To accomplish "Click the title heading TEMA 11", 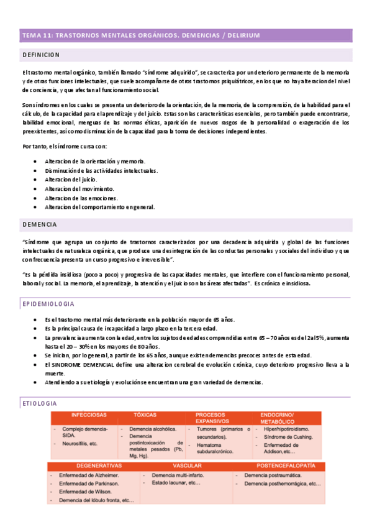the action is pyautogui.click(x=140, y=35).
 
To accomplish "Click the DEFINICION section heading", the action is pyautogui.click(x=41, y=55).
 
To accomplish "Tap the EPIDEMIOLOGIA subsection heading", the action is pyautogui.click(x=48, y=304).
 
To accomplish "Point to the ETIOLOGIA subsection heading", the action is pyautogui.click(x=40, y=403).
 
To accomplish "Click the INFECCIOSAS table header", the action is pyautogui.click(x=89, y=415).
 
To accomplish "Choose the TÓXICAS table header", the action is pyautogui.click(x=145, y=415).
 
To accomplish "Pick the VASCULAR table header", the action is pyautogui.click(x=187, y=465).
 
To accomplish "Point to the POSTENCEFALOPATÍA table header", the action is pyautogui.click(x=286, y=465).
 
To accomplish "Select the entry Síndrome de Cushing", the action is pyautogui.click(x=291, y=437).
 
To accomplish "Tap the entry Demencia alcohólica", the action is pyautogui.click(x=152, y=429).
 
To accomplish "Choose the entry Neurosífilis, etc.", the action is pyautogui.click(x=80, y=444).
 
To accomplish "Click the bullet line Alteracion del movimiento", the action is pyautogui.click(x=79, y=188).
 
